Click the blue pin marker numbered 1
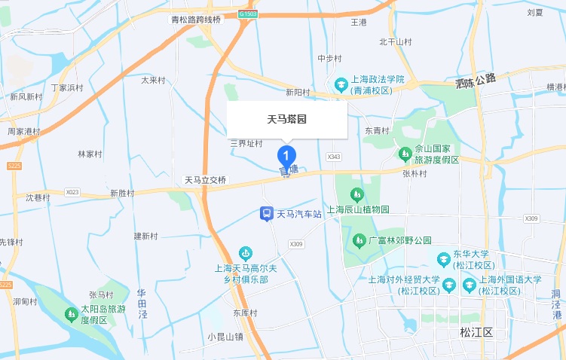286,157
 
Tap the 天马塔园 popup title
286,119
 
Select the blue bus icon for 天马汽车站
267,214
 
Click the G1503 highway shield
247,14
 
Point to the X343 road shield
335,157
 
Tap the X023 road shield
72,192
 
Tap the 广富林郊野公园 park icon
359,240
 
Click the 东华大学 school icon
443,260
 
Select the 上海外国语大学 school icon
470,285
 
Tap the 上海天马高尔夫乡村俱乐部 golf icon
244,253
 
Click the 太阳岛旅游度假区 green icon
72,313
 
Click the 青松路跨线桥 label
196,20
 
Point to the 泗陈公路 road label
476,80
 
